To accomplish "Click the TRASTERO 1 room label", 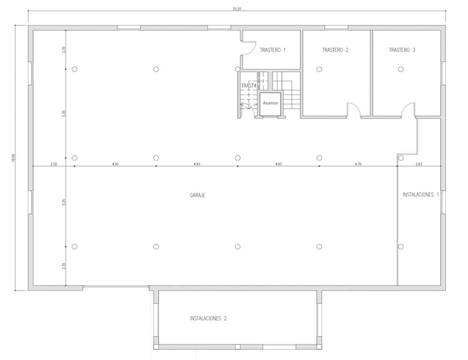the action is coord(273,50).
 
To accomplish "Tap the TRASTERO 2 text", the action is coord(335,50).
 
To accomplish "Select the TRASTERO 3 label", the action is coord(402,50).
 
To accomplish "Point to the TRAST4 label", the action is coord(249,86).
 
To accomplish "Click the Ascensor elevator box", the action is coord(270,104).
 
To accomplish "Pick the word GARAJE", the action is coord(198,195).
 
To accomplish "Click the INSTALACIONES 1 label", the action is coord(421,195).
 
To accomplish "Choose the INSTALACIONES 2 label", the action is coord(208,318).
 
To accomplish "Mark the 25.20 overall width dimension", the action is coord(237,8).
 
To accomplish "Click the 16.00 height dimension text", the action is coord(13,158).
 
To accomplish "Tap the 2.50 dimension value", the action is coord(54,164).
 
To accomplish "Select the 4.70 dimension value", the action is coord(358,164).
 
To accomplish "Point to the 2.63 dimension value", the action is coord(419,164).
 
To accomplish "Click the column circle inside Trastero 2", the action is coord(319,69).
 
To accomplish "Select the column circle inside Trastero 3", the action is coord(401,69).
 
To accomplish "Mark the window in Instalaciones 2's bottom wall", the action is coord(279,347).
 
